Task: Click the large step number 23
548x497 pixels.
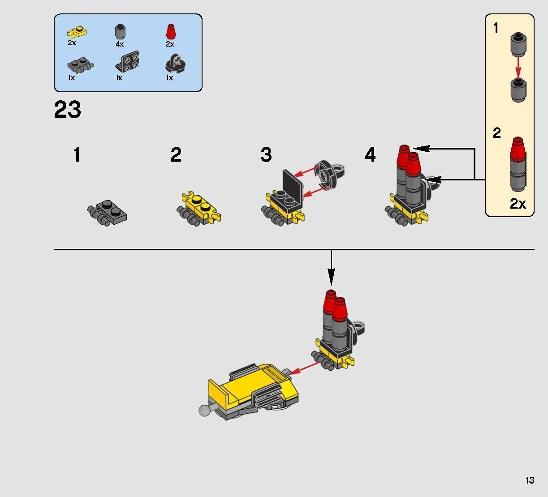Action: (x=68, y=109)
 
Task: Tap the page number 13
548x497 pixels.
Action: (x=530, y=480)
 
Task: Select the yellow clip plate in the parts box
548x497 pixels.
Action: (x=77, y=32)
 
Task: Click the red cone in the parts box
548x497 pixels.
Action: (x=170, y=32)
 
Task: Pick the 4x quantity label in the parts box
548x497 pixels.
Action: (x=120, y=44)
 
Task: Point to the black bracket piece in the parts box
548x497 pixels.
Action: (x=127, y=62)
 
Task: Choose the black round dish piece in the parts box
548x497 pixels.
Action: (x=176, y=64)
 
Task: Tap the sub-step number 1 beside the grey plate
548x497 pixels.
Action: (x=77, y=154)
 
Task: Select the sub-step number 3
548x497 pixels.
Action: (x=266, y=154)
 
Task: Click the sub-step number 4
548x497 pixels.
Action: (x=371, y=154)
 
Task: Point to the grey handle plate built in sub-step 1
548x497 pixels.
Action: (x=107, y=213)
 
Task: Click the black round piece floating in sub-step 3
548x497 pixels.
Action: (x=329, y=174)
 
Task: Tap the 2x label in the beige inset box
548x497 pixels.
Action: (x=518, y=204)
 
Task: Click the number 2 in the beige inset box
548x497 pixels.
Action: (x=497, y=133)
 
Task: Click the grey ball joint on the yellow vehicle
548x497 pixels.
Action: (x=204, y=411)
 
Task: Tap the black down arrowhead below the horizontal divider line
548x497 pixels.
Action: (x=331, y=277)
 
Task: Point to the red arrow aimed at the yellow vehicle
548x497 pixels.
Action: (x=305, y=368)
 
